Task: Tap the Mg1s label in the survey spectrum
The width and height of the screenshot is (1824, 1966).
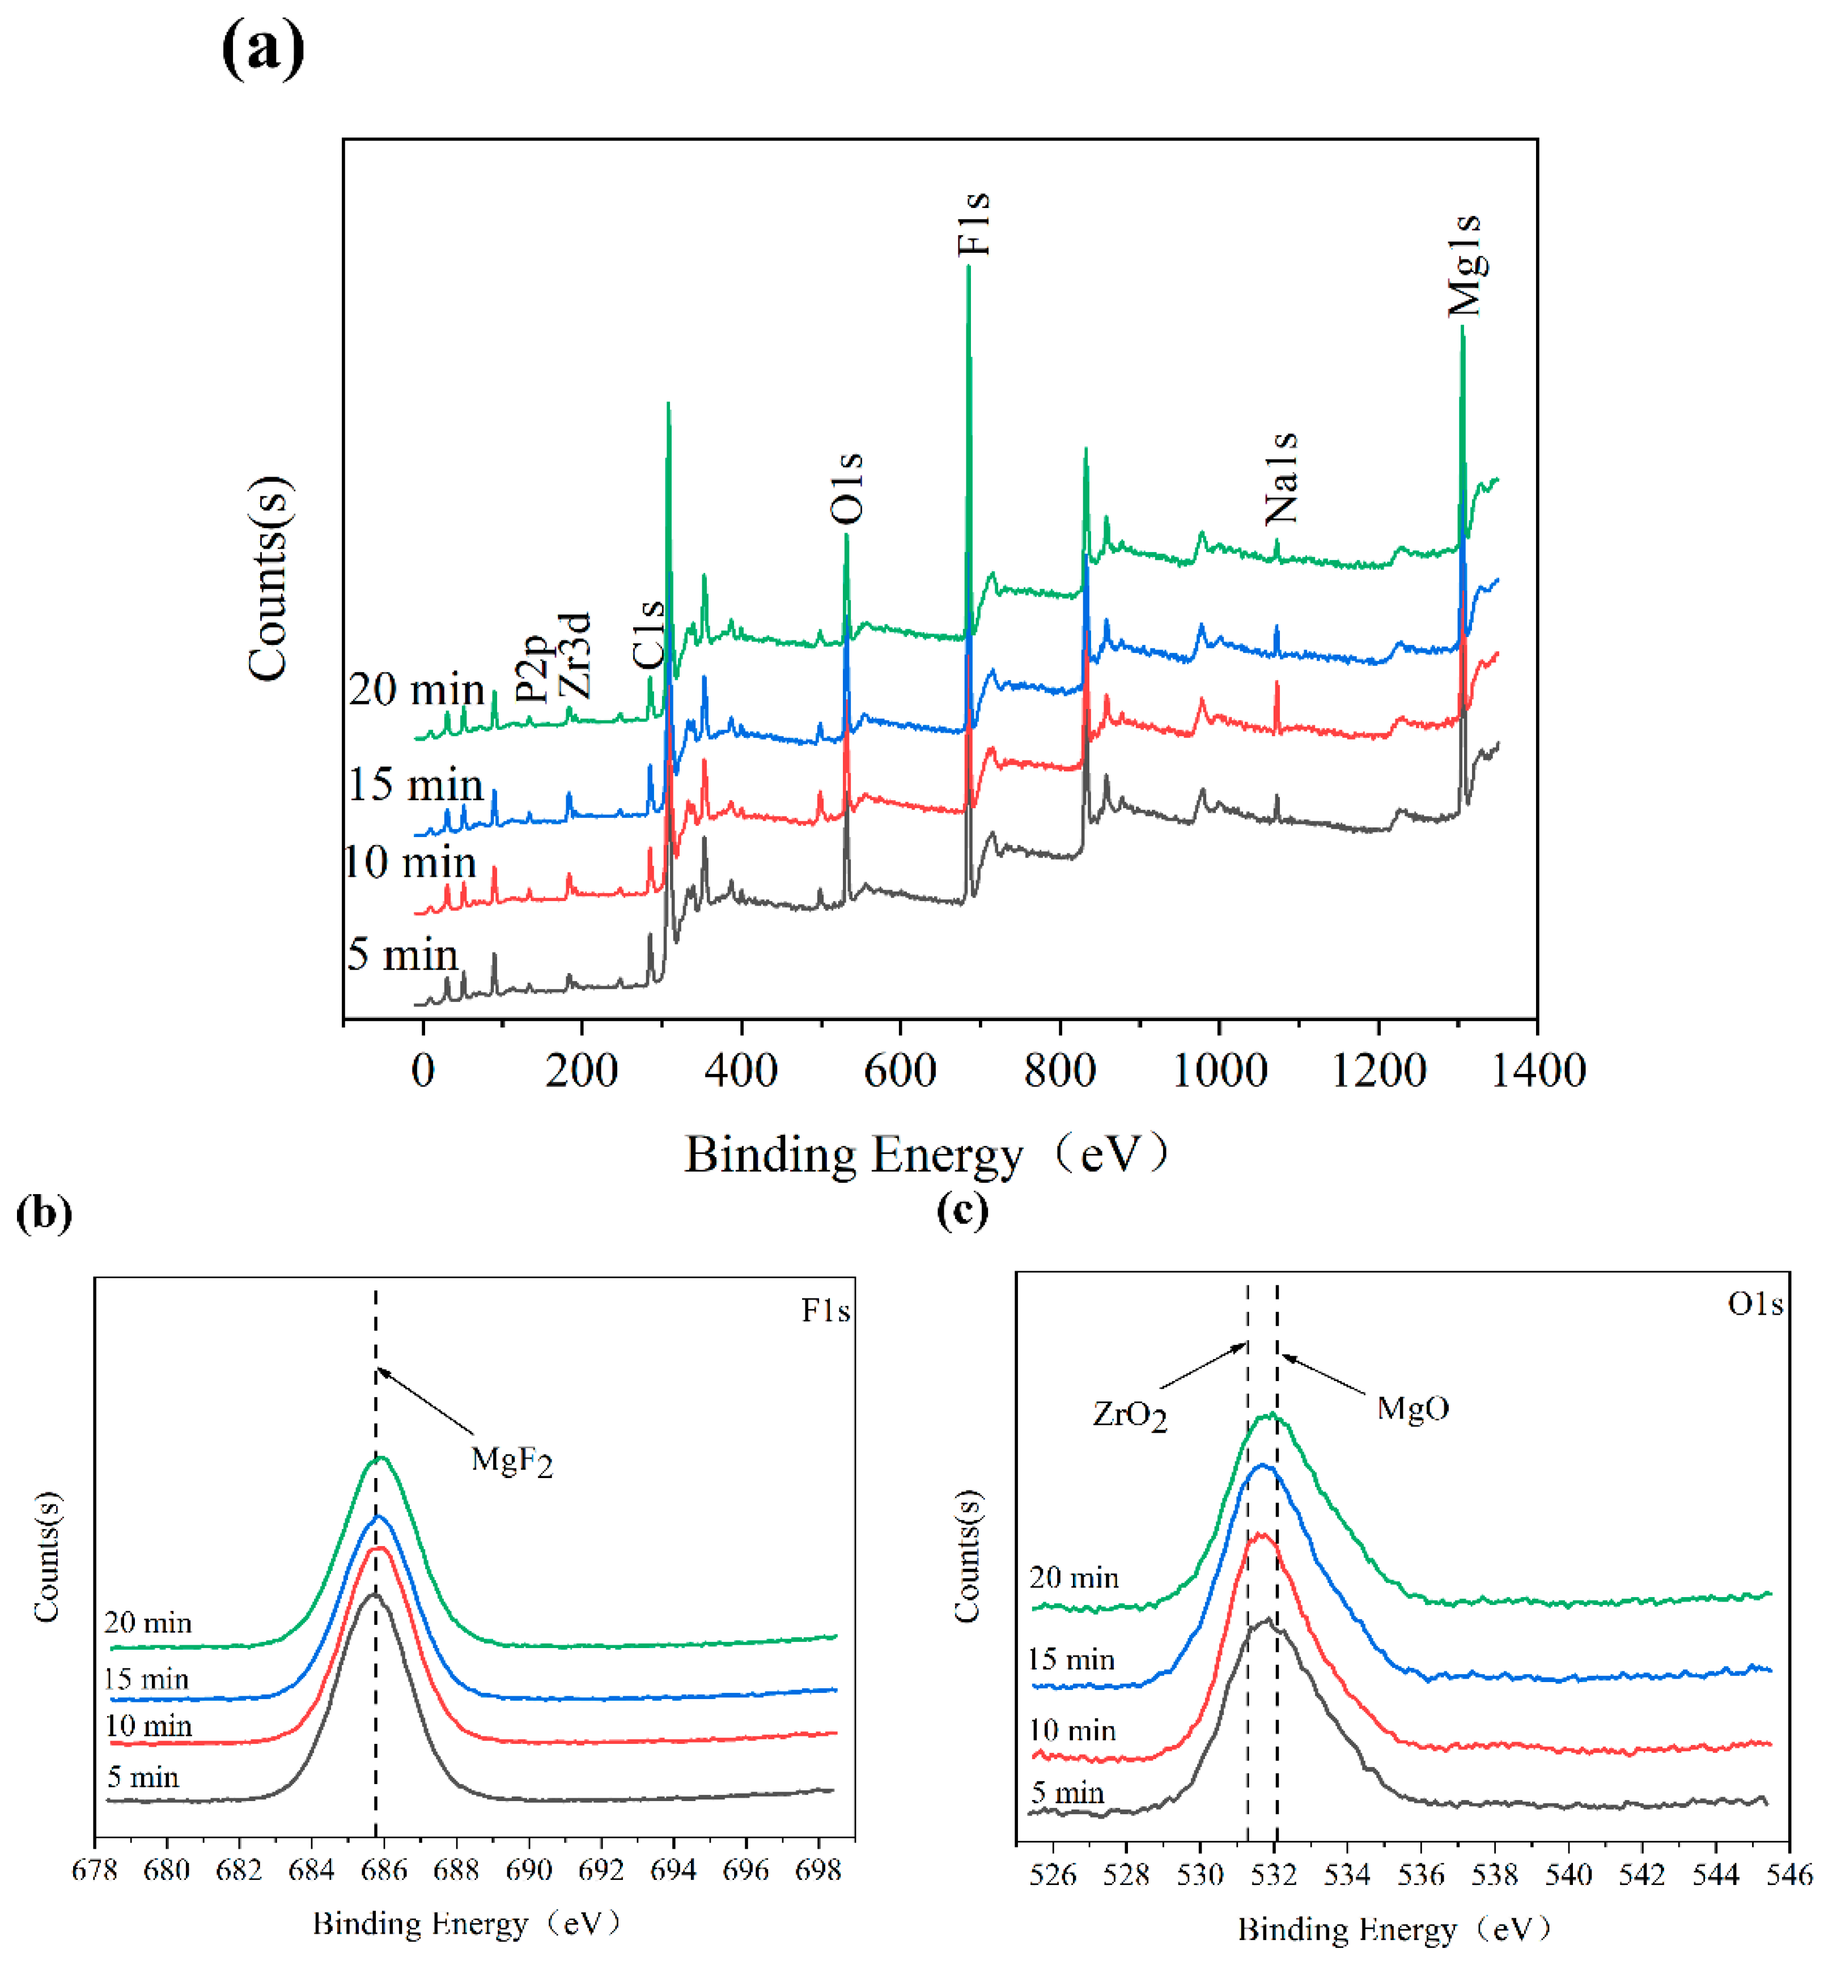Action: click(1465, 265)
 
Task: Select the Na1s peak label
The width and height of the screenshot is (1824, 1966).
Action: click(1281, 479)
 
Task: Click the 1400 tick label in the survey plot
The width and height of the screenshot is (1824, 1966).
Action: click(1537, 1071)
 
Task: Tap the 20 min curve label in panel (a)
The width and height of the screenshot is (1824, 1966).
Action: click(417, 689)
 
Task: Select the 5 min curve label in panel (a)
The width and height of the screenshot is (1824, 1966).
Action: click(402, 954)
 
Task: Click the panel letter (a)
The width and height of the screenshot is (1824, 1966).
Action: click(262, 48)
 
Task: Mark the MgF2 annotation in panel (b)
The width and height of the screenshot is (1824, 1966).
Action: click(511, 1460)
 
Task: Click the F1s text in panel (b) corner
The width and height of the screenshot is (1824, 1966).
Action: click(825, 1311)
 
